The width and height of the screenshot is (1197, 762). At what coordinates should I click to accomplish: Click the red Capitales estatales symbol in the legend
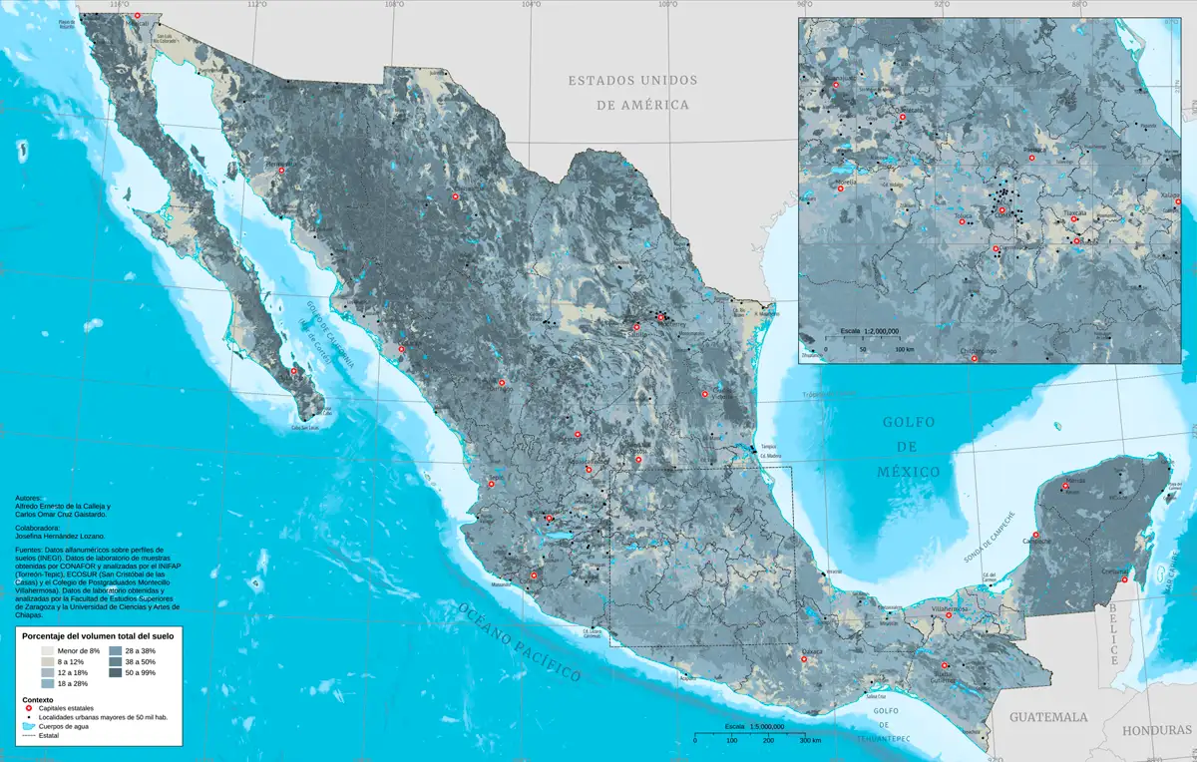pyautogui.click(x=29, y=709)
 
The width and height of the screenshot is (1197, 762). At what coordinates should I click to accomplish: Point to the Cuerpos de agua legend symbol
pyautogui.click(x=29, y=727)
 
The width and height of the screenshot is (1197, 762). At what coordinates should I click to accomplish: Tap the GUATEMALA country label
pyautogui.click(x=1047, y=717)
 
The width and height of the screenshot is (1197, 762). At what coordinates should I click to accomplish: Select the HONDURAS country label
pyautogui.click(x=1156, y=730)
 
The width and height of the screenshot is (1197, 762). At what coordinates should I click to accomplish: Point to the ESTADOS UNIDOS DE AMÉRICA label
pyautogui.click(x=632, y=92)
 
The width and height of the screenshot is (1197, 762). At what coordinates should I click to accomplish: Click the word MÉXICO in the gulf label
pyautogui.click(x=909, y=471)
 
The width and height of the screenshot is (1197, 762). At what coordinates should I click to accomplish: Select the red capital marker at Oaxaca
pyautogui.click(x=804, y=659)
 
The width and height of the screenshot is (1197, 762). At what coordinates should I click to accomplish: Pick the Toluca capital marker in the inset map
pyautogui.click(x=962, y=222)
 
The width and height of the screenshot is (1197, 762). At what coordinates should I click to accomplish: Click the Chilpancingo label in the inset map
pyautogui.click(x=978, y=351)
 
